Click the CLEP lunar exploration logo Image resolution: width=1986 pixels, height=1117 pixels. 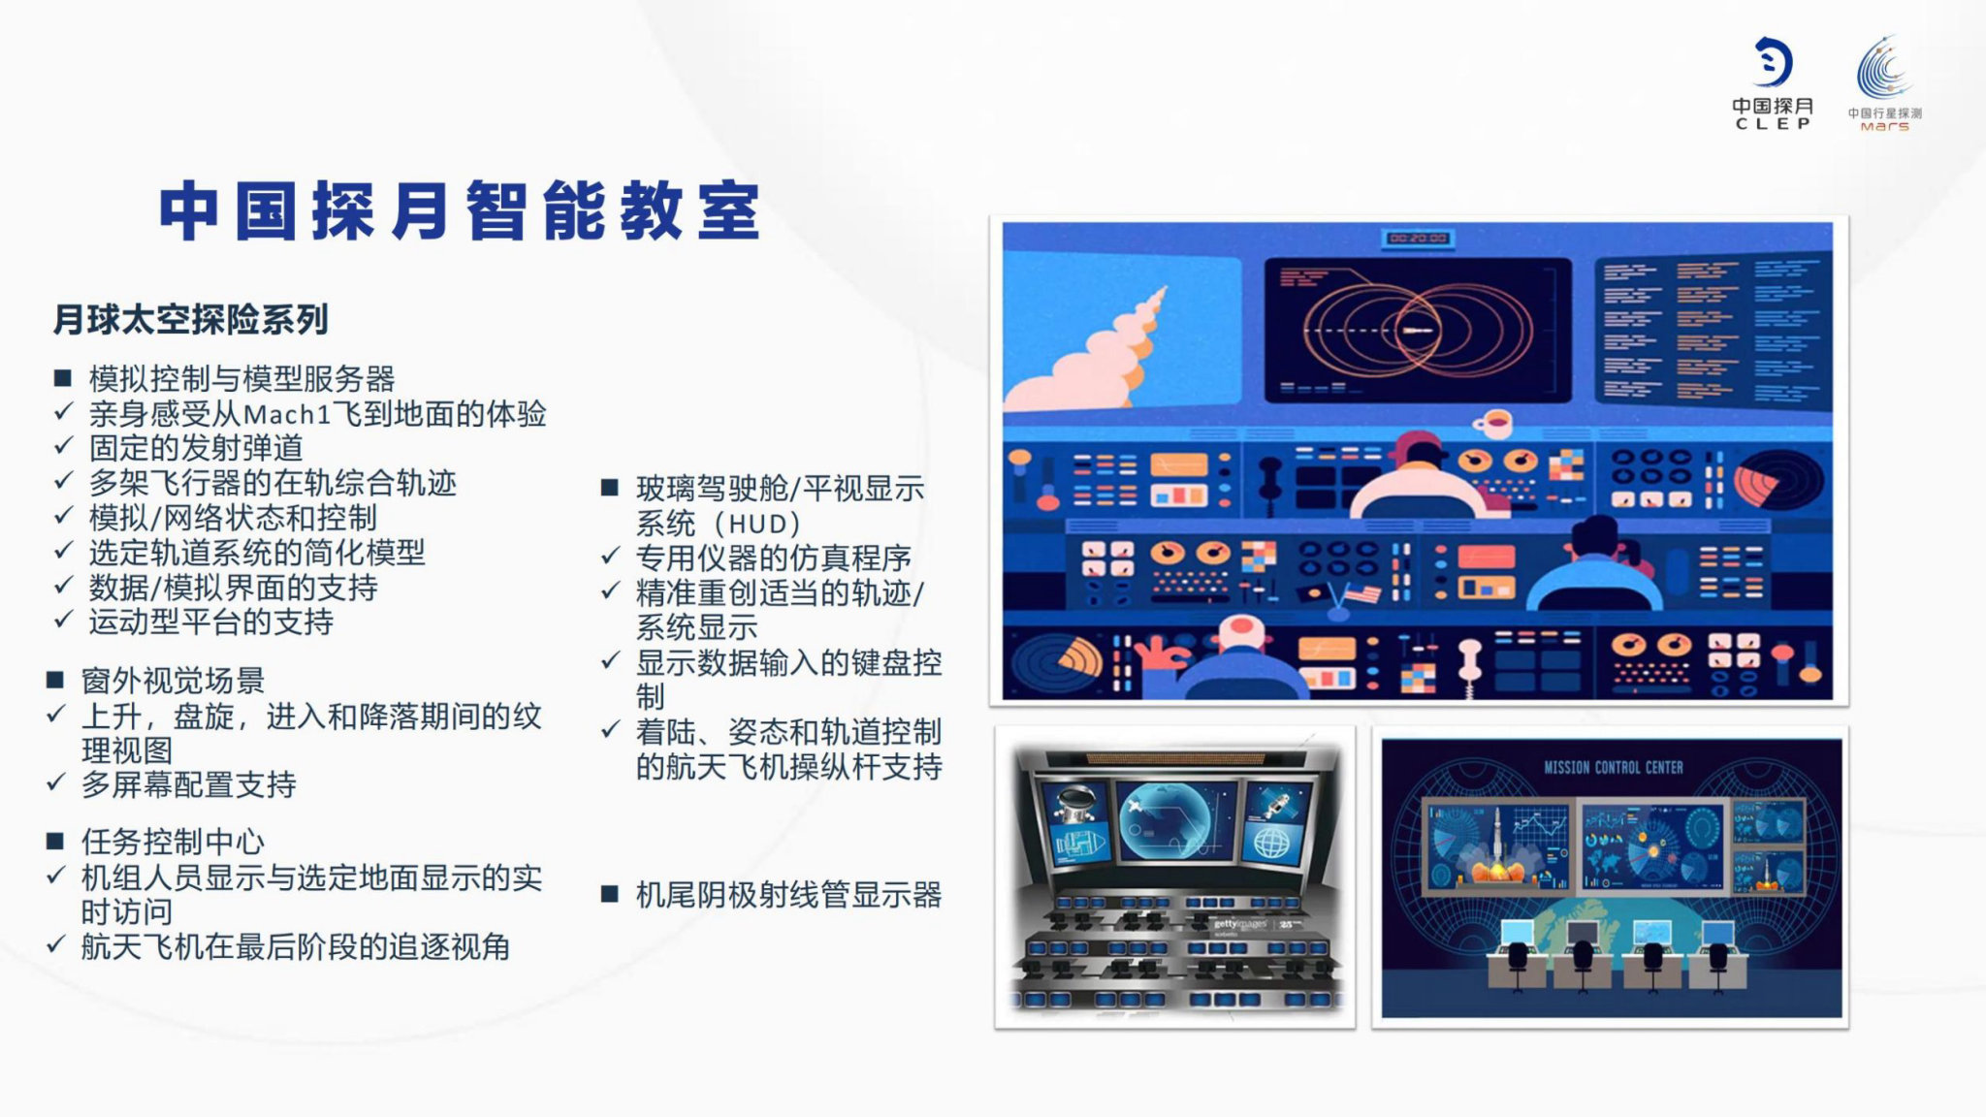click(x=1773, y=83)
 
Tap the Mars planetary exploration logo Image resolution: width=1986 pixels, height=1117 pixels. click(x=1884, y=83)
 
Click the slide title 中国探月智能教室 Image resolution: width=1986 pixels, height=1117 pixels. click(x=460, y=209)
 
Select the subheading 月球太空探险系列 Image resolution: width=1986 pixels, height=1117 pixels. click(x=191, y=319)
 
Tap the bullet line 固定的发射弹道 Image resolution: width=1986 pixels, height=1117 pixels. click(x=196, y=448)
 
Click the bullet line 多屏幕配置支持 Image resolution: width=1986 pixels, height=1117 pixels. click(x=189, y=784)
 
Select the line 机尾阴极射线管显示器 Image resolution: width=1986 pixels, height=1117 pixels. click(x=788, y=894)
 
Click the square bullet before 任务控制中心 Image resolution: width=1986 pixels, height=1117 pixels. click(x=55, y=842)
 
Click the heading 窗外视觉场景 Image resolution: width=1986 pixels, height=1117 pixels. click(x=173, y=681)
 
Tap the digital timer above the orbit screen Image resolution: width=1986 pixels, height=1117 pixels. click(x=1418, y=239)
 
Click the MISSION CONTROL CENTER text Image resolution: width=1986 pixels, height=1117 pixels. click(x=1614, y=767)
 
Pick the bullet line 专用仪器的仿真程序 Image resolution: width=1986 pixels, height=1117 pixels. click(x=773, y=558)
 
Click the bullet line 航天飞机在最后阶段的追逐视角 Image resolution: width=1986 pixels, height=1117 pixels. click(x=296, y=946)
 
